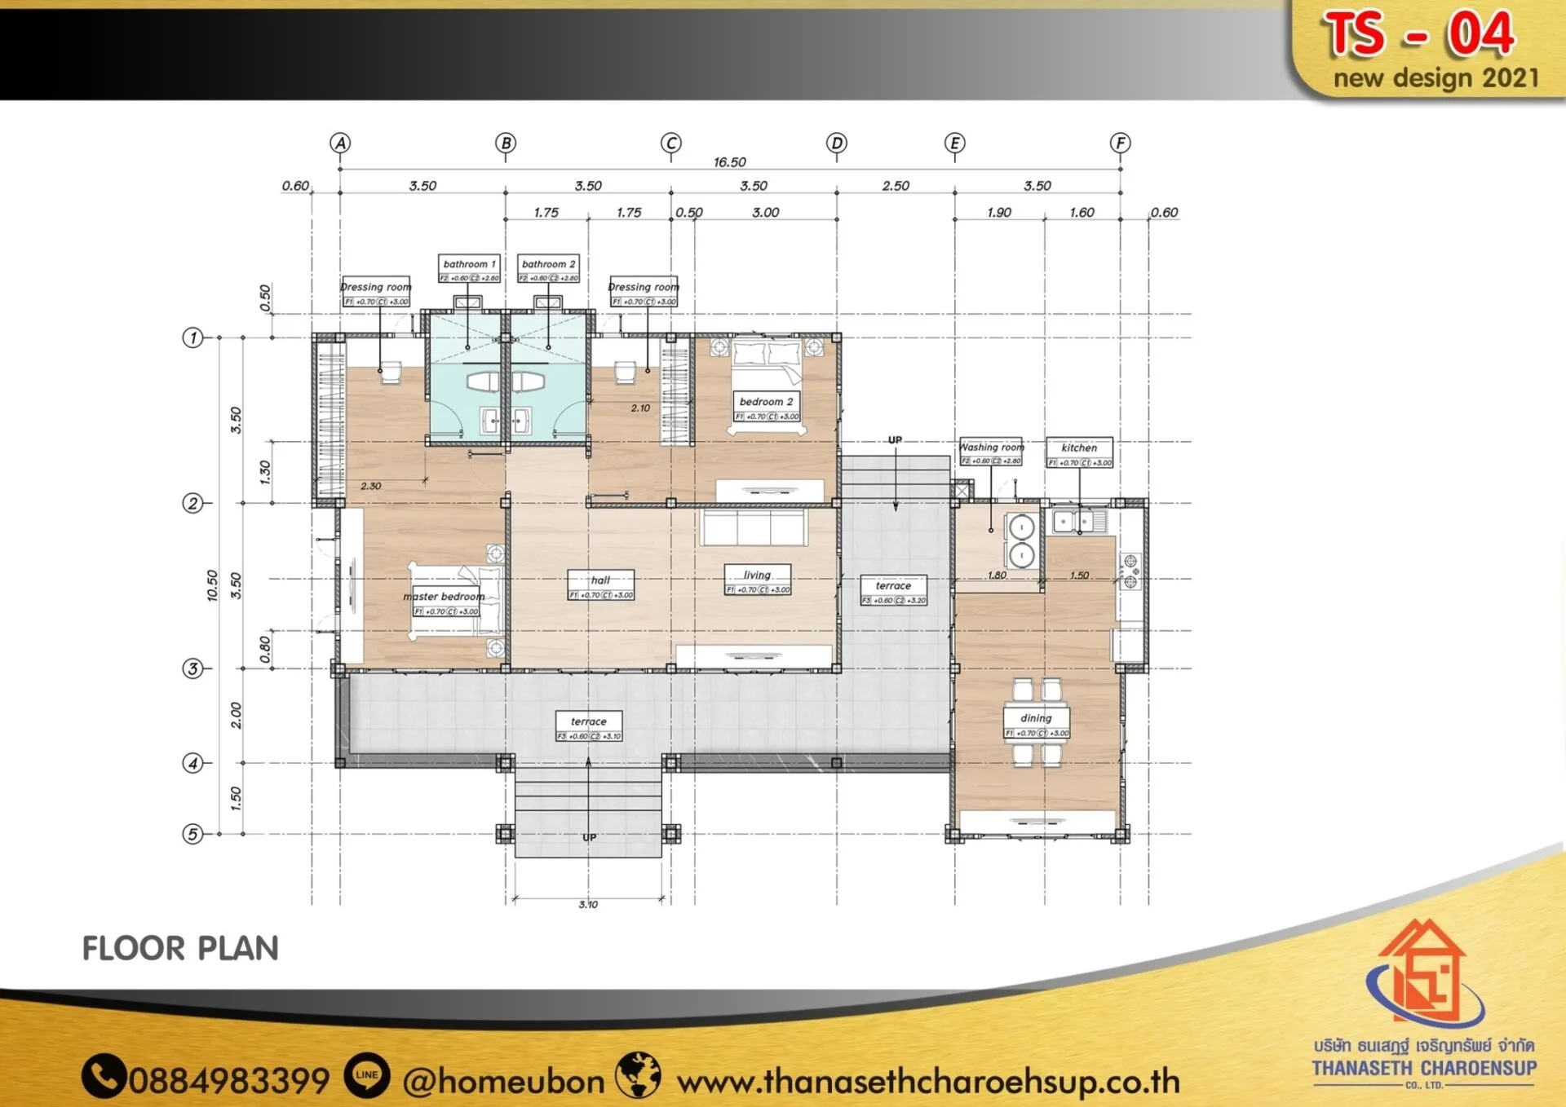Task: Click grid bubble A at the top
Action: [340, 143]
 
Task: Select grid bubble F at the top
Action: [1120, 143]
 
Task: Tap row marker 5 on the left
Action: [192, 834]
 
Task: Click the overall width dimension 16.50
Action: [729, 162]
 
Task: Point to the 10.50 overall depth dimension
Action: [212, 585]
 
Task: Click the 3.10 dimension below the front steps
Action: [588, 904]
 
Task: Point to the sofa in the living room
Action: [753, 527]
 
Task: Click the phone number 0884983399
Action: [228, 1081]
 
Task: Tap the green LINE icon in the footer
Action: [367, 1075]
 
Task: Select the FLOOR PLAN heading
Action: [180, 949]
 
